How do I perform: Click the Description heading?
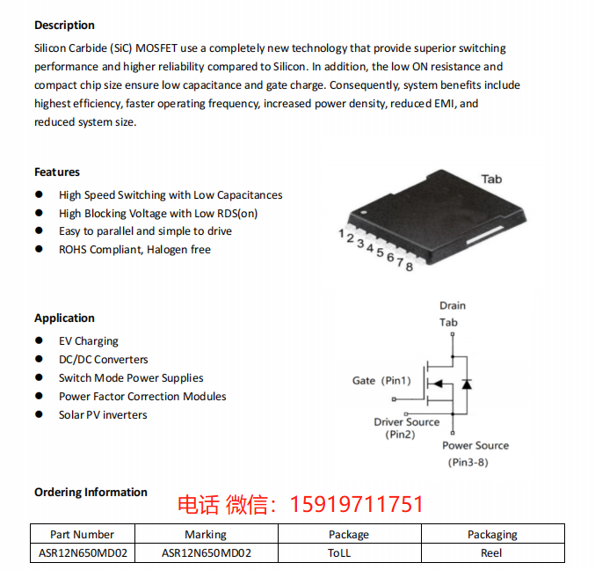pos(64,25)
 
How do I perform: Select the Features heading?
pos(57,172)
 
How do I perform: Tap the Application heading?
pos(64,318)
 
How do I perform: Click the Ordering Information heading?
pos(91,492)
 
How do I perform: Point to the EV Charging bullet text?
pos(88,341)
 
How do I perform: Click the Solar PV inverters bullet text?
pos(103,415)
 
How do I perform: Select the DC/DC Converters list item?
pos(103,360)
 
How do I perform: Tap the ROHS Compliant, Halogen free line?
pos(134,250)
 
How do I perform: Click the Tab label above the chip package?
pos(491,179)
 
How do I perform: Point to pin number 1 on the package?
pos(341,233)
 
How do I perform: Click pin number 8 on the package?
pos(410,267)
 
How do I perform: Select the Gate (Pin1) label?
pos(381,381)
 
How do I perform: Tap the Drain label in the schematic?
pos(453,305)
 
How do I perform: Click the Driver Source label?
pos(406,422)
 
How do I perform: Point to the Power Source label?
pos(475,445)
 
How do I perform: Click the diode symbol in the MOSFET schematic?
pos(467,384)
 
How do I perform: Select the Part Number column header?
pos(82,534)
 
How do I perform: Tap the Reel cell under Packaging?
pos(491,553)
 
